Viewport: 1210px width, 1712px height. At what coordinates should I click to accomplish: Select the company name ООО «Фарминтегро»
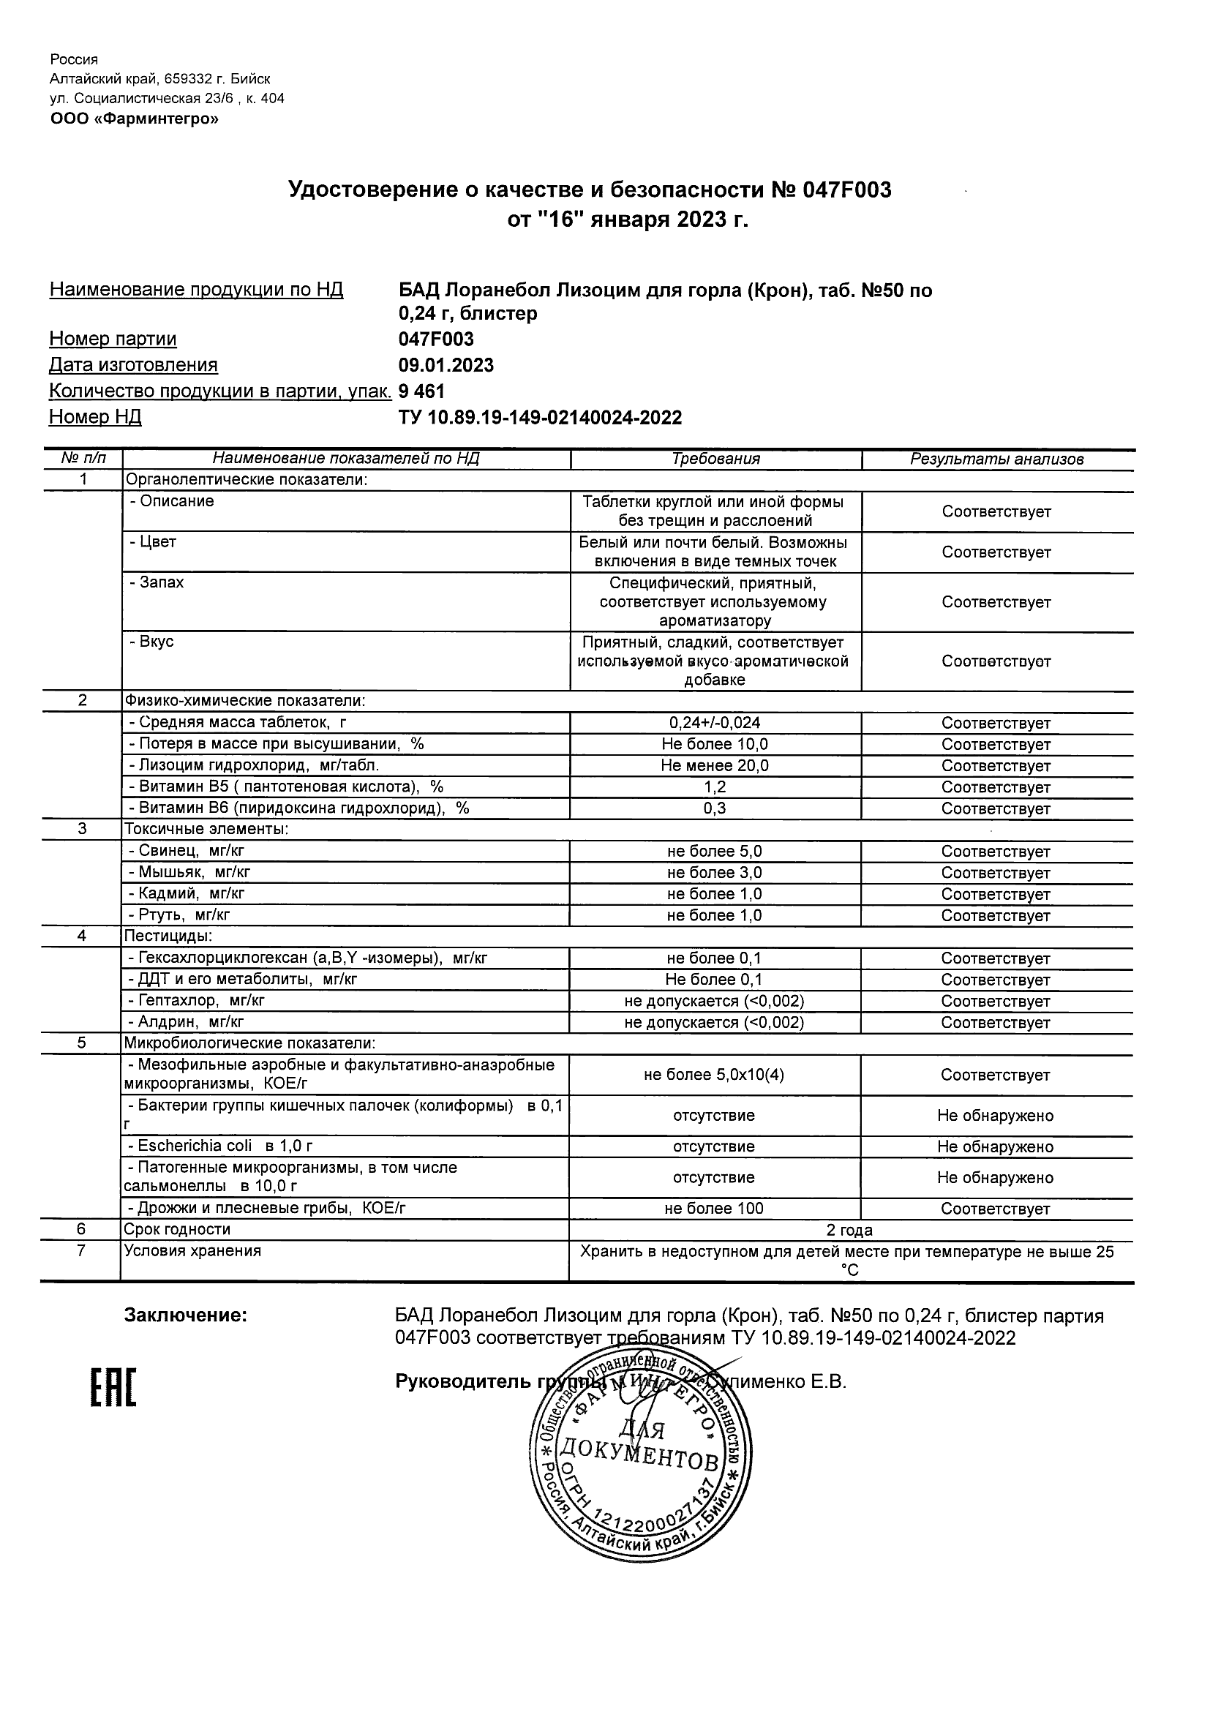135,119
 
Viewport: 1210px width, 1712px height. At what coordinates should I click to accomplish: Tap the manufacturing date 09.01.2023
446,365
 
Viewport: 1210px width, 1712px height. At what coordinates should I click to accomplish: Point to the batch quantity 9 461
422,391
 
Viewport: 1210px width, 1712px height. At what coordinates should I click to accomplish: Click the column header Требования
715,459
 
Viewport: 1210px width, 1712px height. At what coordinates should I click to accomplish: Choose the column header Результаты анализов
997,459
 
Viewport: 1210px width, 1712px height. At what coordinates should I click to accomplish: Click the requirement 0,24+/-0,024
715,723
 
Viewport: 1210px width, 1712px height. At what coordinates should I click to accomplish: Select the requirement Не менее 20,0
715,766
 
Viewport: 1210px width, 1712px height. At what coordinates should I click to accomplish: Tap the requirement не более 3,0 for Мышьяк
714,872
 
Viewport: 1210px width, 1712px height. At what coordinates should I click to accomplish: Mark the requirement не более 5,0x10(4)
714,1075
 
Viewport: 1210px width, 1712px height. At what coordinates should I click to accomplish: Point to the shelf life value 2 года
850,1231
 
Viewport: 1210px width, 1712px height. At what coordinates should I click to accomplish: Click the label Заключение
185,1315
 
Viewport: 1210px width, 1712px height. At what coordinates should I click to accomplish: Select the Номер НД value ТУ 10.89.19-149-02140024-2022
541,418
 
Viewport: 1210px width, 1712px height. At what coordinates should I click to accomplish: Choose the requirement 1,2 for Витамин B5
715,786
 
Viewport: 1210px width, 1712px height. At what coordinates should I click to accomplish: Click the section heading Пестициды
168,936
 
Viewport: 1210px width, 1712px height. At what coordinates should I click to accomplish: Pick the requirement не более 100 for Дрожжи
714,1209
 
